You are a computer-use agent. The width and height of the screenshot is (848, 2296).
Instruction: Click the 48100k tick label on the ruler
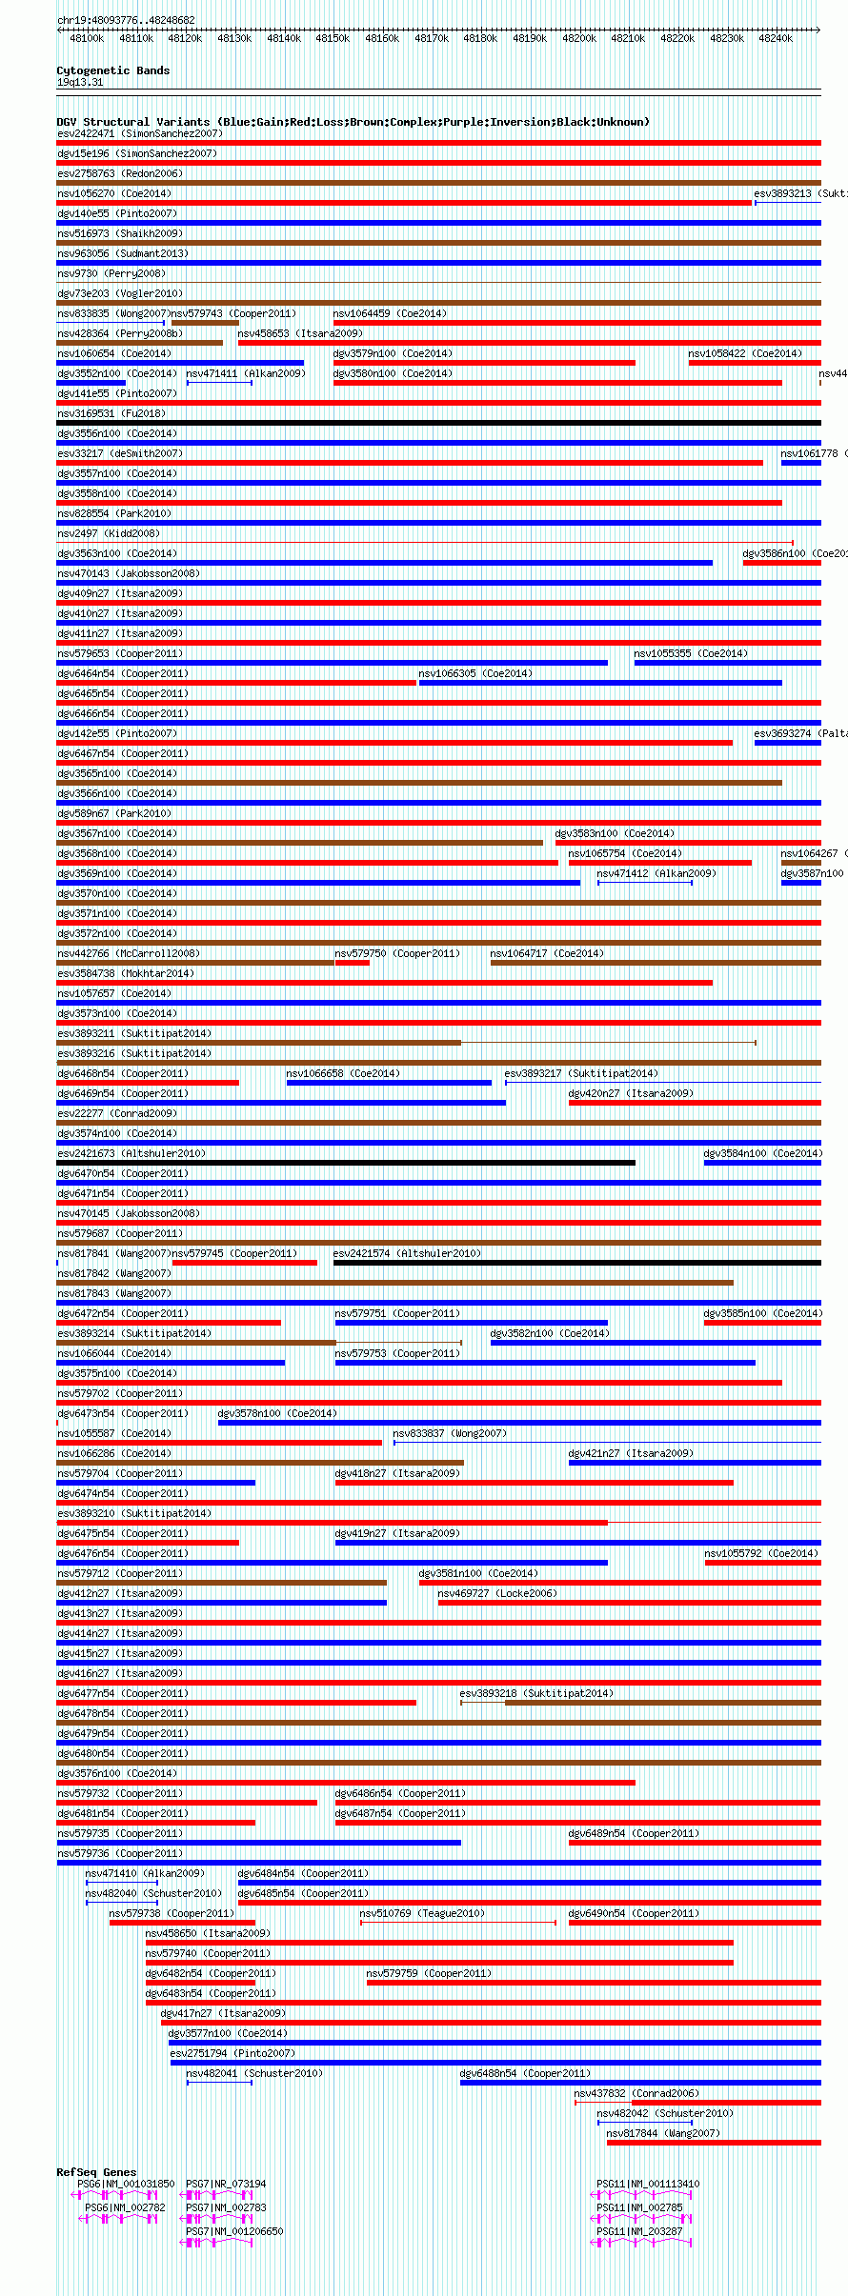click(87, 38)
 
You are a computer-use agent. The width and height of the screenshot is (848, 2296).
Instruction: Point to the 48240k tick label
click(775, 38)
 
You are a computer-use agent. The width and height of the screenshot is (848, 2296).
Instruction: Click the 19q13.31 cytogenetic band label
click(80, 82)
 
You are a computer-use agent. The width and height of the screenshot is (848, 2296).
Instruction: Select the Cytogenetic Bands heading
click(112, 70)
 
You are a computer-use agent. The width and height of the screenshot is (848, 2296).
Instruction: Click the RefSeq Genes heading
click(96, 2171)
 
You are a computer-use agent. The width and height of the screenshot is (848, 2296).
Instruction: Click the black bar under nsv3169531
click(438, 423)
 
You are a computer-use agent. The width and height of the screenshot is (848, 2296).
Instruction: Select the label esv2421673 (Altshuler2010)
click(131, 1153)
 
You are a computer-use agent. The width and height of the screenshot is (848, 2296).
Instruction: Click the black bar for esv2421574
click(576, 1263)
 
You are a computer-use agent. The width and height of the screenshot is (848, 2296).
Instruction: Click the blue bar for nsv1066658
click(389, 1083)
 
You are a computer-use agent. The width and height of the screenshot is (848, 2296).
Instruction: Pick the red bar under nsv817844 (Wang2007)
click(713, 2143)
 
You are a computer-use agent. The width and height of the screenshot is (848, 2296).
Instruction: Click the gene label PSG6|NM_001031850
click(126, 2184)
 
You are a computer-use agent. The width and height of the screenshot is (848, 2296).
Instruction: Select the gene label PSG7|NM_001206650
click(233, 2231)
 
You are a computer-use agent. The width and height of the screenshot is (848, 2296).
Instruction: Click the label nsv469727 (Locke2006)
click(496, 1593)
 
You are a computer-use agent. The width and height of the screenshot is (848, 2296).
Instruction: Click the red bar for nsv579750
click(352, 963)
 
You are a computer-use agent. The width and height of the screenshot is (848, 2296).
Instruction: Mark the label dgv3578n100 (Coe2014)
click(276, 1413)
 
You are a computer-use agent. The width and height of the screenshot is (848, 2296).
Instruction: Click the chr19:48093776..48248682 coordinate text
click(126, 20)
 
